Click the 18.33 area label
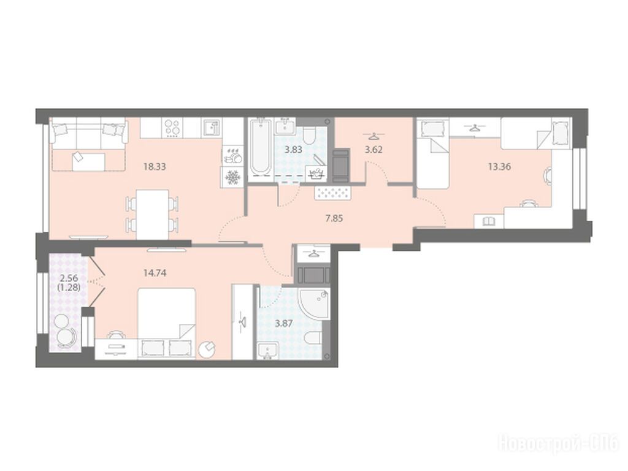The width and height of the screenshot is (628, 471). pyautogui.click(x=155, y=166)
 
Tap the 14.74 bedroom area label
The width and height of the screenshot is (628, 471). pyautogui.click(x=155, y=273)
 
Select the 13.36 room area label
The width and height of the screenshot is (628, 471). pyautogui.click(x=499, y=166)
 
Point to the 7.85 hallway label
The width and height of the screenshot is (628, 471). pyautogui.click(x=334, y=218)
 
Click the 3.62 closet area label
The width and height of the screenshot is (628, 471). pyautogui.click(x=373, y=150)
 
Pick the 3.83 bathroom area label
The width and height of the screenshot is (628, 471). pyautogui.click(x=293, y=150)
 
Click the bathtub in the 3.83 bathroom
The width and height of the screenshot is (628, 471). pyautogui.click(x=260, y=147)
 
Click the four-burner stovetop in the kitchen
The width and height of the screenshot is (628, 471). pyautogui.click(x=174, y=128)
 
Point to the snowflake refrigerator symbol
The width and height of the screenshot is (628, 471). pyautogui.click(x=232, y=177)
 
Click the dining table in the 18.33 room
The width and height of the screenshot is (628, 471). pyautogui.click(x=152, y=214)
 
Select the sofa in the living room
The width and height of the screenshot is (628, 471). pyautogui.click(x=88, y=132)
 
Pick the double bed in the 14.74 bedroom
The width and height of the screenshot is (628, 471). pyautogui.click(x=167, y=323)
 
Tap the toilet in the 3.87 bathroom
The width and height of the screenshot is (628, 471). pyautogui.click(x=313, y=339)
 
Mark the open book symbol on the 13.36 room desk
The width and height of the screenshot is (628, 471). pyautogui.click(x=488, y=221)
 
